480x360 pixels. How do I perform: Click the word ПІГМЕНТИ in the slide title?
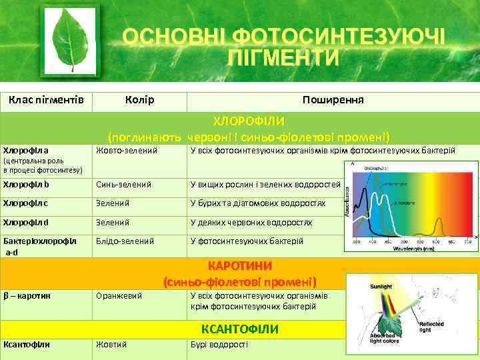pos(283,57)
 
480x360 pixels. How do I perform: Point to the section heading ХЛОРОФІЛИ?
pos(249,121)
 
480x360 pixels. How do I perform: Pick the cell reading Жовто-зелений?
pos(127,151)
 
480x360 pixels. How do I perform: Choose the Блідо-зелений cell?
pos(125,241)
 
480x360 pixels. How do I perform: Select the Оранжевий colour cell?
pos(121,295)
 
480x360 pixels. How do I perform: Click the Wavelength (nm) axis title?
pos(413,249)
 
